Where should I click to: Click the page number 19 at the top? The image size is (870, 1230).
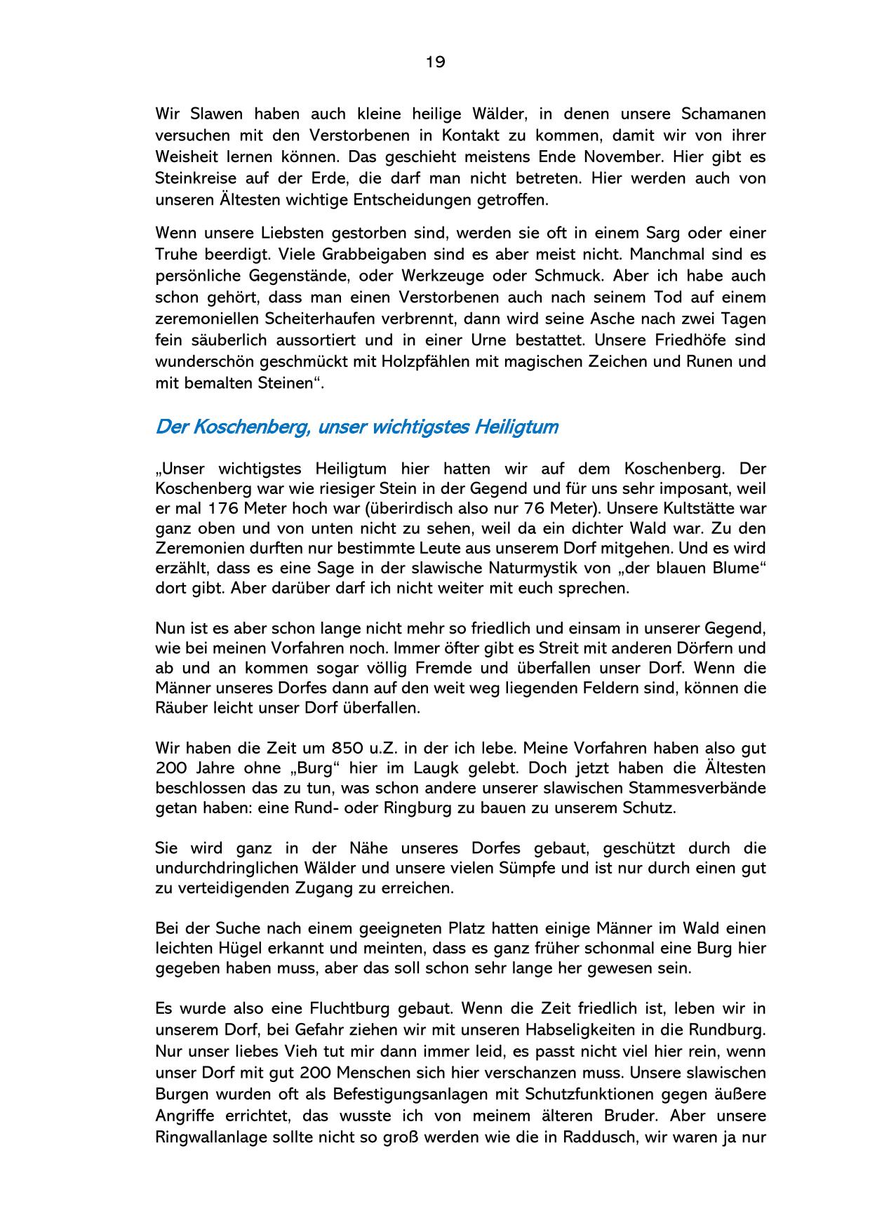(x=435, y=62)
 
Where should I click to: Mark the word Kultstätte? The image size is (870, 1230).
(x=700, y=508)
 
